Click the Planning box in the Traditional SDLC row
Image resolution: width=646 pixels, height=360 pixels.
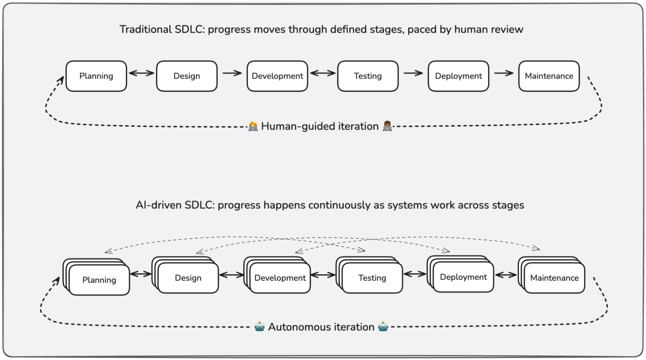pos(96,76)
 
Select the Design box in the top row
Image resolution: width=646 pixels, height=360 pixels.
pos(186,76)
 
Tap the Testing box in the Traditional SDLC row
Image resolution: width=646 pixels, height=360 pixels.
pos(368,76)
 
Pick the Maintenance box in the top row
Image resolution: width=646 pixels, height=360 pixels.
pos(549,76)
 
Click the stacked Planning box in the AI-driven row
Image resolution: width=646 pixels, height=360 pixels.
pos(99,280)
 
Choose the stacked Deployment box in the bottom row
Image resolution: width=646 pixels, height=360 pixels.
pos(463,277)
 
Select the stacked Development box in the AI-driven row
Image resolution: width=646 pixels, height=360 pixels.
pos(280,278)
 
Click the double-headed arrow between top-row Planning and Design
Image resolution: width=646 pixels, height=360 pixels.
pos(142,73)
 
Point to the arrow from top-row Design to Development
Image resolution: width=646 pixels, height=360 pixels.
pos(232,73)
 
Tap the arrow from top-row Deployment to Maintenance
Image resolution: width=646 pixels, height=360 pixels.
pos(503,73)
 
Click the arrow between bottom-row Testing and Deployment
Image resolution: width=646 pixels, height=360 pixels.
pos(415,274)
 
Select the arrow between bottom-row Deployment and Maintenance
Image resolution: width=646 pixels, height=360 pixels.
pos(506,275)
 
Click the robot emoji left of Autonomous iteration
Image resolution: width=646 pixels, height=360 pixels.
pos(259,326)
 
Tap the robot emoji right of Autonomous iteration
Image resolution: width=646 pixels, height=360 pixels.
pos(383,326)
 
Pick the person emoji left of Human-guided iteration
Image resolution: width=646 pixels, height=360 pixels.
pos(253,126)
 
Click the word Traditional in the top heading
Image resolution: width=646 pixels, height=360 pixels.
pos(145,29)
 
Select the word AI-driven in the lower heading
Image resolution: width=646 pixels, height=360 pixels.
pos(158,205)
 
